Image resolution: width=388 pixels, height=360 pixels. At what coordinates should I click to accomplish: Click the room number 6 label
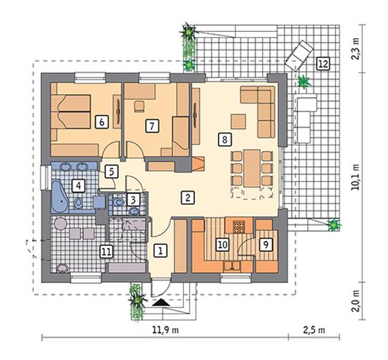(x=102, y=122)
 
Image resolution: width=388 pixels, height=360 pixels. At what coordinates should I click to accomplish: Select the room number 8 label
(x=225, y=139)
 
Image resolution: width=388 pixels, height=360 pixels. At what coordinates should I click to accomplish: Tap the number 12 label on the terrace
(x=323, y=64)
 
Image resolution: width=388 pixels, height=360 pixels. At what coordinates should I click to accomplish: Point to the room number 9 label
(x=266, y=244)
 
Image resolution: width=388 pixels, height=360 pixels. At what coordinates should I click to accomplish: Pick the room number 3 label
(x=133, y=199)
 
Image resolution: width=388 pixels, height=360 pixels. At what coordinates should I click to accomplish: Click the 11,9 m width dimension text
(x=165, y=330)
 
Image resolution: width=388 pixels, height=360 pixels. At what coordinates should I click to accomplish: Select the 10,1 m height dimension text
(x=356, y=177)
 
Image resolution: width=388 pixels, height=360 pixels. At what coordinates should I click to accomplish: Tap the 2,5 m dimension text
(x=314, y=330)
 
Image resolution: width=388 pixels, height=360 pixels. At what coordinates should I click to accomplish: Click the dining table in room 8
(x=252, y=168)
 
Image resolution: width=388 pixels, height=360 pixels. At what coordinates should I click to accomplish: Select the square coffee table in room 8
(x=239, y=121)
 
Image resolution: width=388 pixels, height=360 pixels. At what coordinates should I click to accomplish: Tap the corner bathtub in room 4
(x=59, y=197)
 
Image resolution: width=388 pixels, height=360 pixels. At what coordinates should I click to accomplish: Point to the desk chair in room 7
(x=139, y=107)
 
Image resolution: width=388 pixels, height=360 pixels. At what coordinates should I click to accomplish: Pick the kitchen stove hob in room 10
(x=239, y=227)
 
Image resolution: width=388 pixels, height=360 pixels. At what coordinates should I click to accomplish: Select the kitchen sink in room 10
(x=232, y=267)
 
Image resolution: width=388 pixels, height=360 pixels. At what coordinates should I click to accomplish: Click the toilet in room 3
(x=119, y=202)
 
